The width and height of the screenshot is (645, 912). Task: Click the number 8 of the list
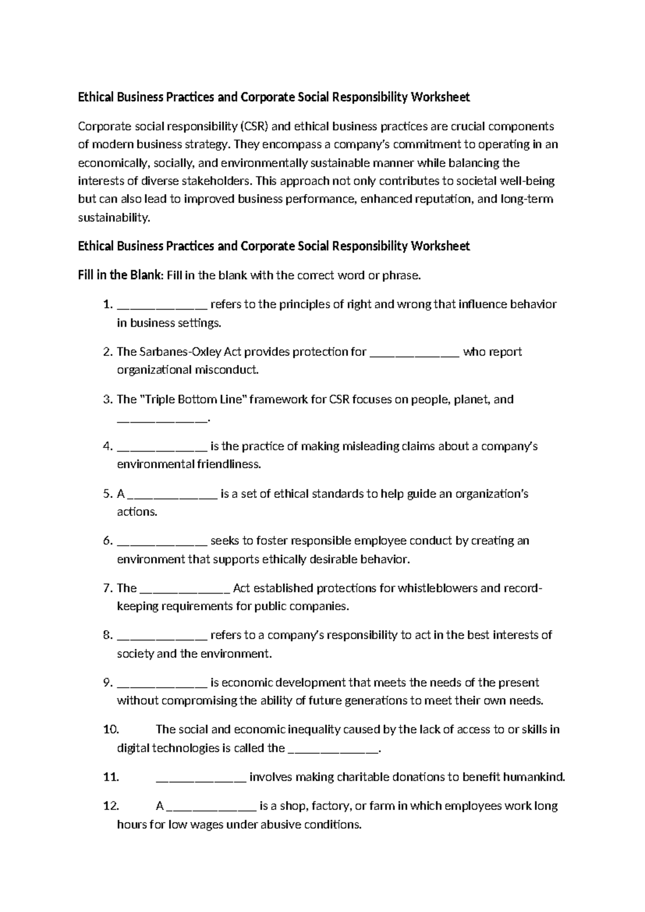[107, 636]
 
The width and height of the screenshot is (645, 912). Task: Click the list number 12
[110, 806]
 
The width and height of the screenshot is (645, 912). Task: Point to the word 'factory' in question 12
[328, 806]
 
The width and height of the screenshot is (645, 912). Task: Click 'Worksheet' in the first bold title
[440, 97]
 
